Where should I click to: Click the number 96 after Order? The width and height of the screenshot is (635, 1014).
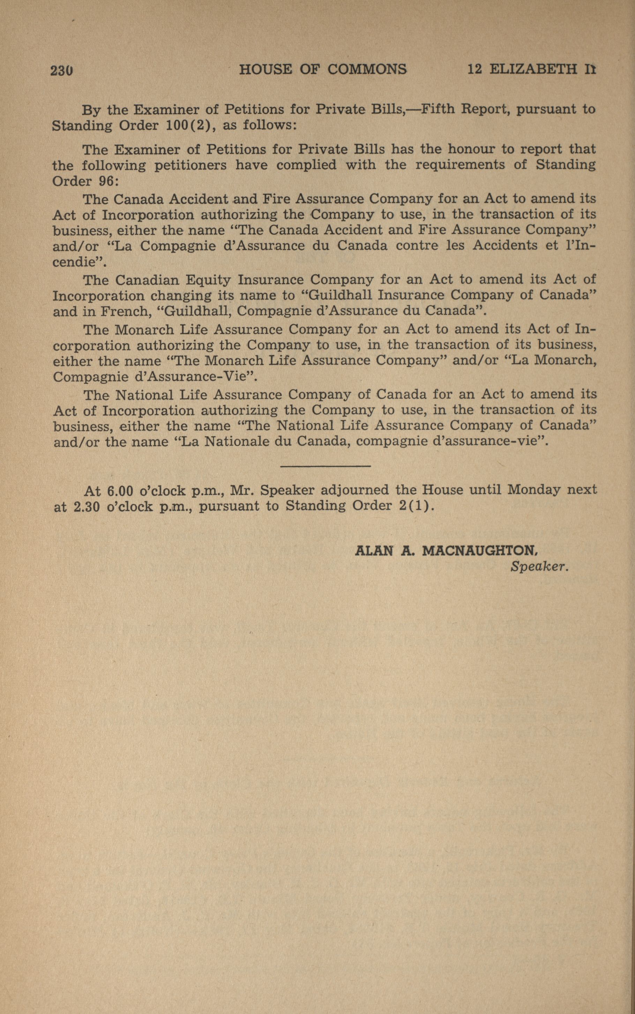[x=105, y=181]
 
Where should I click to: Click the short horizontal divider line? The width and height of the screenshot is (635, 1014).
[x=325, y=466]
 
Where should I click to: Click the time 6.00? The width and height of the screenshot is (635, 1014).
[x=120, y=490]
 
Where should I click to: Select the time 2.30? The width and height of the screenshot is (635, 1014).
[x=87, y=507]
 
